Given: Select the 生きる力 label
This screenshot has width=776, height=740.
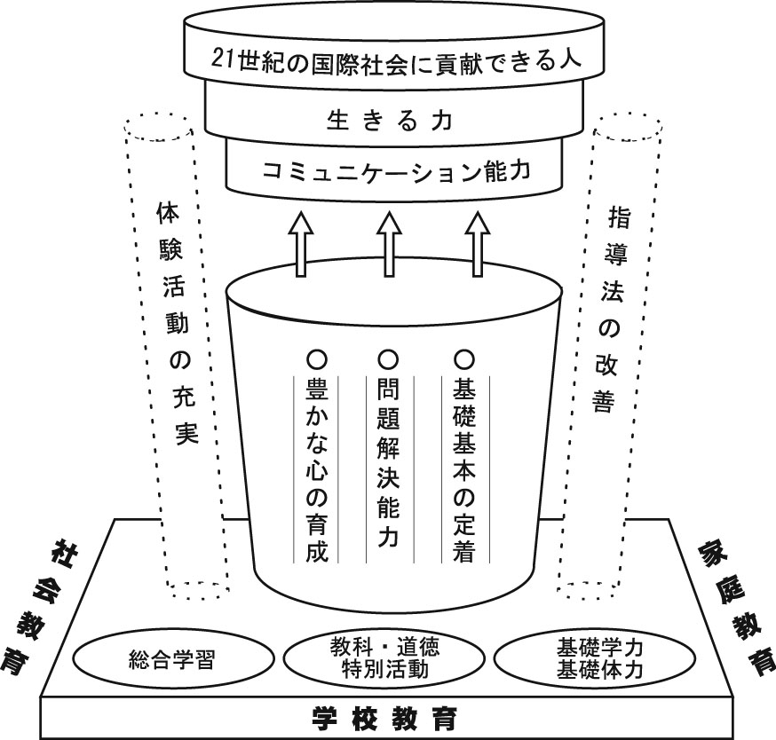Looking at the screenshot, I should pyautogui.click(x=390, y=119).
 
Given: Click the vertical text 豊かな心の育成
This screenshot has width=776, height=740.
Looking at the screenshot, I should pyautogui.click(x=317, y=470).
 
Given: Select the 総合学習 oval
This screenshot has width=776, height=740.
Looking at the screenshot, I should pyautogui.click(x=170, y=659).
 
